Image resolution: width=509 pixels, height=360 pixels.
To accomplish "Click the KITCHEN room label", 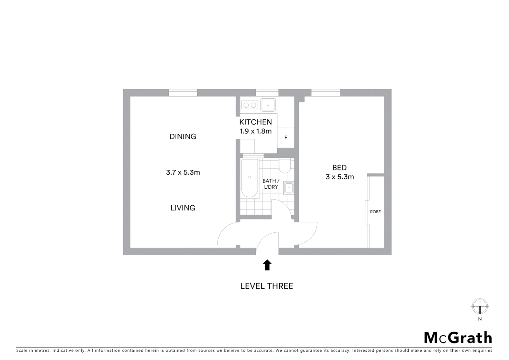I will pos(255,122).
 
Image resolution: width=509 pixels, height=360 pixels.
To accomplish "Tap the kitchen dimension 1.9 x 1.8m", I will pos(255,131).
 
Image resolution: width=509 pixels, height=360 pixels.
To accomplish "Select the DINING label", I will pos(183,136).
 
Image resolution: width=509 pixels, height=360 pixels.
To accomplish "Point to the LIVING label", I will pos(183,208).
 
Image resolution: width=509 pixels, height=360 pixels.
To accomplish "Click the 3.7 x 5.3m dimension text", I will pos(183,172).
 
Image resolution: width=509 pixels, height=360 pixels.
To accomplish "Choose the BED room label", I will pos(339,168).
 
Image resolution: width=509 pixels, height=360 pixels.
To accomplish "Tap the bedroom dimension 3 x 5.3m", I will pos(339,177).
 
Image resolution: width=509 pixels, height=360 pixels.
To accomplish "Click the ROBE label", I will pos(375,212).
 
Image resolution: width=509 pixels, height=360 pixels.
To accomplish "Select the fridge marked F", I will pos(285,137).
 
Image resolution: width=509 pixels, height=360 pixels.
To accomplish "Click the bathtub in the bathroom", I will pos(250,178).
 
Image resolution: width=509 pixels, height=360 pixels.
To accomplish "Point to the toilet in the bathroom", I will pos(285,166).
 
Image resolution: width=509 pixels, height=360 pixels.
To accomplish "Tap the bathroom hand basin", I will pos(288,188).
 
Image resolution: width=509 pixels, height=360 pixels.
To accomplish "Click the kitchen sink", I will pos(268,105).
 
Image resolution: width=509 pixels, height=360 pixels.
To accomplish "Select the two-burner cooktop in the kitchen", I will pos(250,105).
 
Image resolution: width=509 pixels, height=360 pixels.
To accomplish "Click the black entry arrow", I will pos(267,265).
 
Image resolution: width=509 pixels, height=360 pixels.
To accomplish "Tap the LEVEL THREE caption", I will pos(266,286).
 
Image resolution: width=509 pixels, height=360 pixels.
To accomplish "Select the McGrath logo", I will pos(458,338).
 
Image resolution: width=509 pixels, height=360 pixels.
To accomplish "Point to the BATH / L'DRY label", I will pos(270,184).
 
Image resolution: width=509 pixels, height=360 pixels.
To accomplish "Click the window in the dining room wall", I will pos(183,93).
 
